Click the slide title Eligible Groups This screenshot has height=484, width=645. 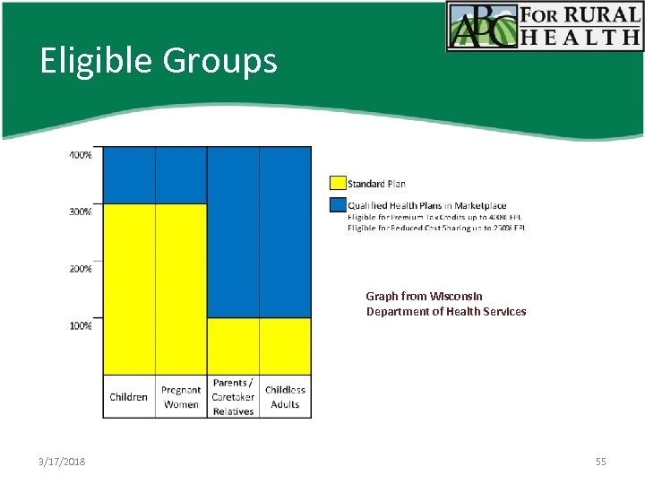[159, 61]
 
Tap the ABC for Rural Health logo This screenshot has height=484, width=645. [545, 26]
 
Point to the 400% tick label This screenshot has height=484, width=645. [81, 155]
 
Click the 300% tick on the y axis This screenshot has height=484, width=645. [81, 212]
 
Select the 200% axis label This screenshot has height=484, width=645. [81, 269]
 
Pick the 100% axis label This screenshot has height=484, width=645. [81, 325]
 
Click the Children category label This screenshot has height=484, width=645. [129, 397]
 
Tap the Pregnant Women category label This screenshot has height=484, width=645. [181, 397]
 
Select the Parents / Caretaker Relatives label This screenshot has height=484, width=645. [233, 397]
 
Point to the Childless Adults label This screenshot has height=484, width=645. [285, 397]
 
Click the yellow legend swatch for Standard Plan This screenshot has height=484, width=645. [338, 183]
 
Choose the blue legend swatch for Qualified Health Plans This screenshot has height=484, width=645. [338, 205]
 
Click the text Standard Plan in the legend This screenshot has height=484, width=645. [376, 184]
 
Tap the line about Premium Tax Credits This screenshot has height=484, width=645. [434, 217]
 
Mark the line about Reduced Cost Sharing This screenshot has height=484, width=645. [435, 228]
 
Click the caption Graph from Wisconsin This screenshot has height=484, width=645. [424, 296]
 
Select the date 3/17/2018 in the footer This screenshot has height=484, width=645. [63, 461]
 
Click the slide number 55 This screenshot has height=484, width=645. [600, 461]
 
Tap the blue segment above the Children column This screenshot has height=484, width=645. [129, 175]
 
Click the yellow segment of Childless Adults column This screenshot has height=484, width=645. [285, 345]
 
